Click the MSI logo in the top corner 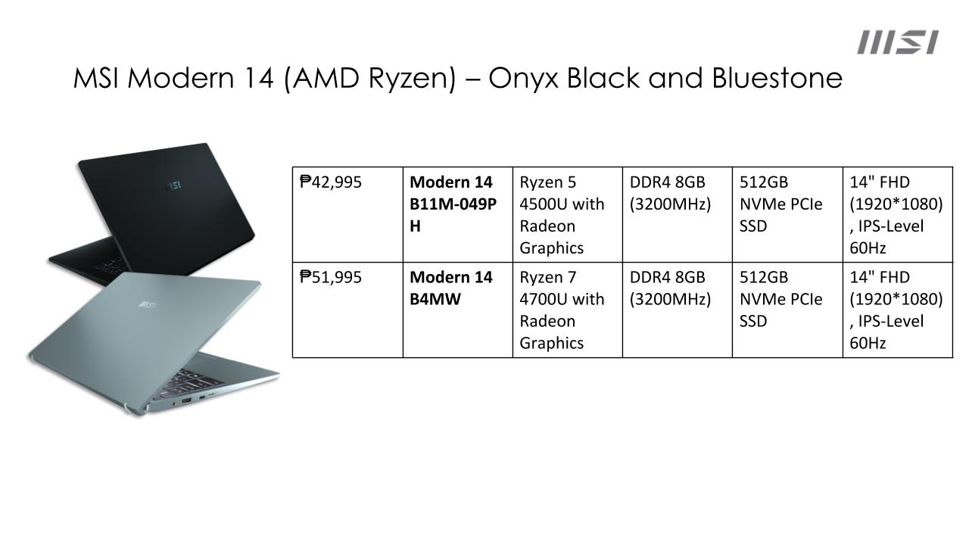pyautogui.click(x=898, y=42)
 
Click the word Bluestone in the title pyautogui.click(x=777, y=78)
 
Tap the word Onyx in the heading pyautogui.click(x=523, y=79)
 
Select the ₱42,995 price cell pyautogui.click(x=347, y=214)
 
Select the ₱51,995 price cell pyautogui.click(x=347, y=310)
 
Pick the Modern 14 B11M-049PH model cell pyautogui.click(x=458, y=214)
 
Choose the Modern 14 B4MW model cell pyautogui.click(x=458, y=310)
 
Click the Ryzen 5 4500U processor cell pyautogui.click(x=568, y=214)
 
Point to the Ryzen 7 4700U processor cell pyautogui.click(x=568, y=310)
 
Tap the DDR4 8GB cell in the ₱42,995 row pyautogui.click(x=678, y=214)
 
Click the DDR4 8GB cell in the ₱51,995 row pyautogui.click(x=678, y=310)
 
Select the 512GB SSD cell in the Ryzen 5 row pyautogui.click(x=787, y=214)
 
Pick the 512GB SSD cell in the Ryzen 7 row pyautogui.click(x=787, y=310)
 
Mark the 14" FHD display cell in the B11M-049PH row pyautogui.click(x=898, y=214)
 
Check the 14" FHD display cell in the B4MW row pyautogui.click(x=898, y=310)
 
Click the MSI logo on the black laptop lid pyautogui.click(x=174, y=186)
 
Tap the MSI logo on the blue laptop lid pyautogui.click(x=148, y=305)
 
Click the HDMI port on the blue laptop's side pyautogui.click(x=187, y=401)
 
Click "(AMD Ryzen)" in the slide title pyautogui.click(x=370, y=79)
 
